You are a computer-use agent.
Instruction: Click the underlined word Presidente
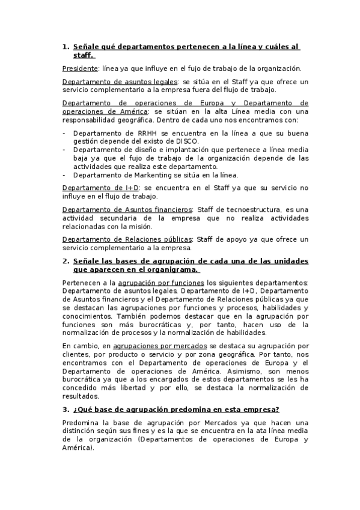(x=79, y=68)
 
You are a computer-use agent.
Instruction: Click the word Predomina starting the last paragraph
(x=81, y=423)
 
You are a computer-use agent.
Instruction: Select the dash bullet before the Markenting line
(x=64, y=175)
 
